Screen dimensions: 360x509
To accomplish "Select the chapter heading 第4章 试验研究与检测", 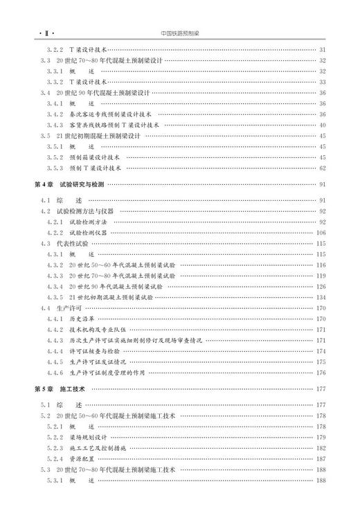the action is [x=69, y=184].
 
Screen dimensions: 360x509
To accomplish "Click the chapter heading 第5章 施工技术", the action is [x=60, y=389].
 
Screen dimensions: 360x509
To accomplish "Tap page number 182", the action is [x=321, y=448].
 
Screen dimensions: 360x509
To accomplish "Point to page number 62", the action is [x=322, y=168].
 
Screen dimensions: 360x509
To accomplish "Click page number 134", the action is [x=321, y=296].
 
